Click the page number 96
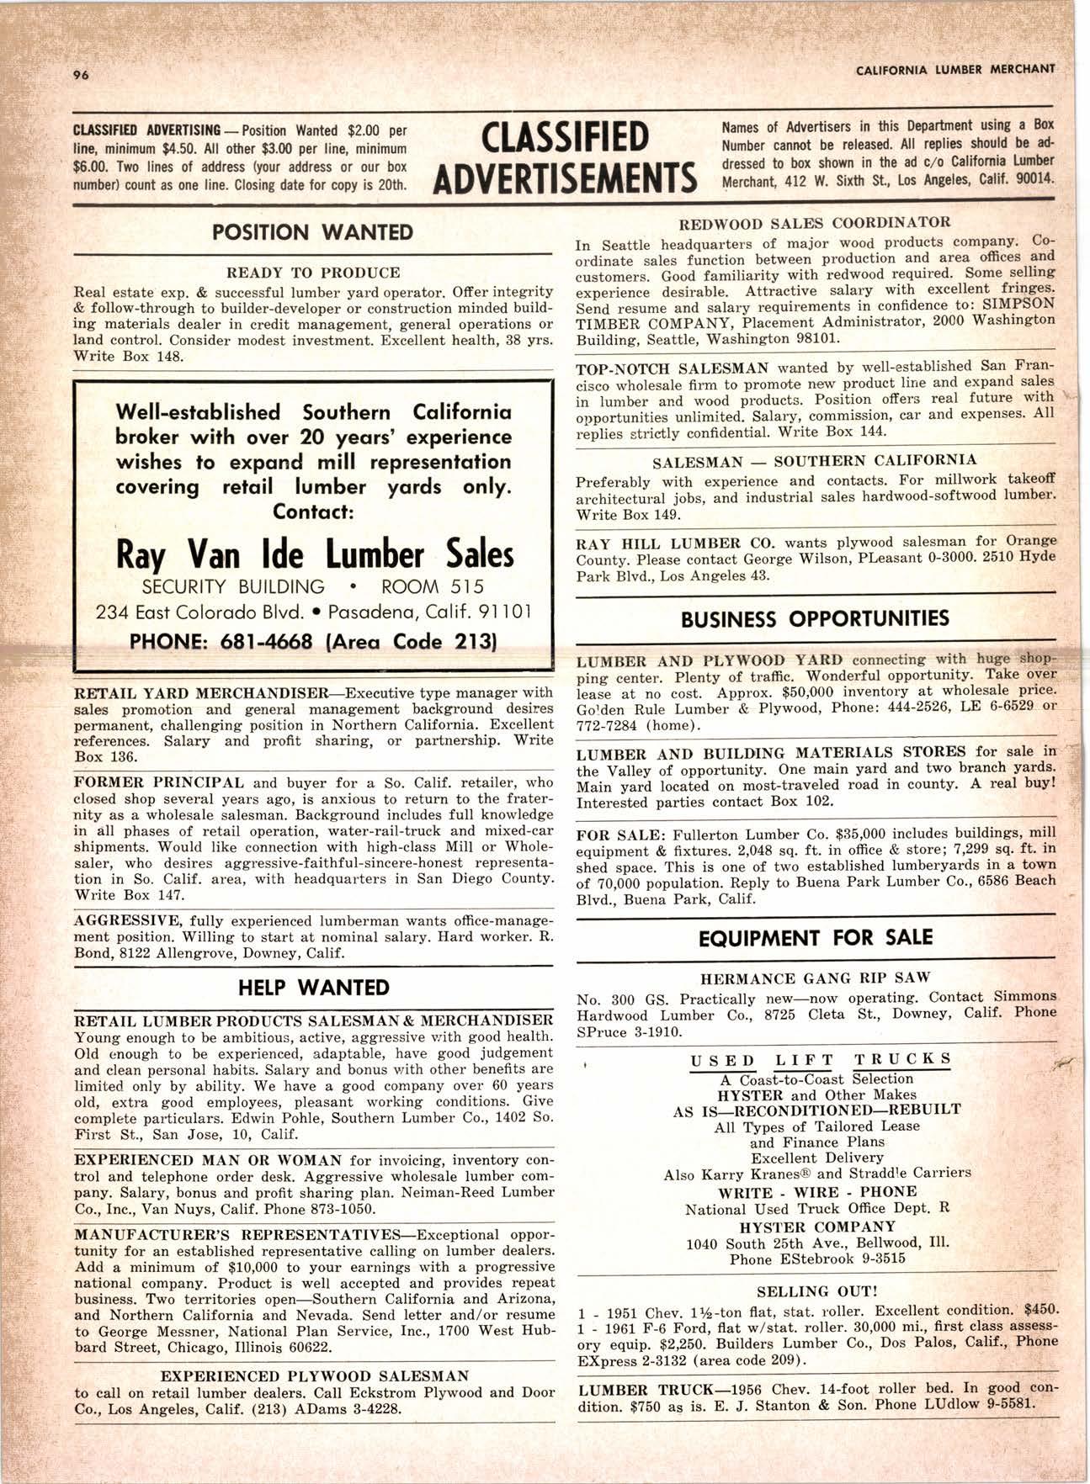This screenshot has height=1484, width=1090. (81, 74)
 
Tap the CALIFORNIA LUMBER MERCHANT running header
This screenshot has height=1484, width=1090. (954, 70)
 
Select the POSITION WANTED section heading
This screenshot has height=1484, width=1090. (312, 232)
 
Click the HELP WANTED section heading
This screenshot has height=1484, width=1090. (312, 987)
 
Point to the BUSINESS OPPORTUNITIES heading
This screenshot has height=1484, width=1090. (815, 619)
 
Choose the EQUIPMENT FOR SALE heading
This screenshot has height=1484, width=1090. (816, 938)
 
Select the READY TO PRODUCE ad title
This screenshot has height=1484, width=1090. (313, 273)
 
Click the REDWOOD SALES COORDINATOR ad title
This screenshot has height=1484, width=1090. (814, 223)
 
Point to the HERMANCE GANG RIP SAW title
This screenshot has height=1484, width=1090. (815, 978)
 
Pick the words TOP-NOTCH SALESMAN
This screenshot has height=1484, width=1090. (673, 368)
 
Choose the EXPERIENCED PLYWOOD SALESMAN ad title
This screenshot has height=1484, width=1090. (313, 1376)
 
